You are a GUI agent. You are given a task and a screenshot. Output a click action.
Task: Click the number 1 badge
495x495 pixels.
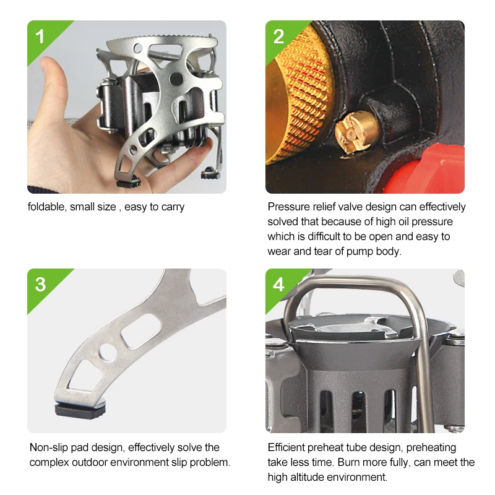click(40, 37)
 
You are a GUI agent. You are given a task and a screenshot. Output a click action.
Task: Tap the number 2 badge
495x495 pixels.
click(278, 37)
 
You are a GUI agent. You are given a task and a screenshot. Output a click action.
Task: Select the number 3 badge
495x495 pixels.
click(40, 284)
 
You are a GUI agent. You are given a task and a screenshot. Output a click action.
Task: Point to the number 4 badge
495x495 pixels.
click(278, 284)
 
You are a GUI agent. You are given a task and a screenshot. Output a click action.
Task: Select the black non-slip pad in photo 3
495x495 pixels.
click(80, 410)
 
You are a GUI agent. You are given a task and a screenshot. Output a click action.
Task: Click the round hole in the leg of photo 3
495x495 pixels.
click(108, 352)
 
